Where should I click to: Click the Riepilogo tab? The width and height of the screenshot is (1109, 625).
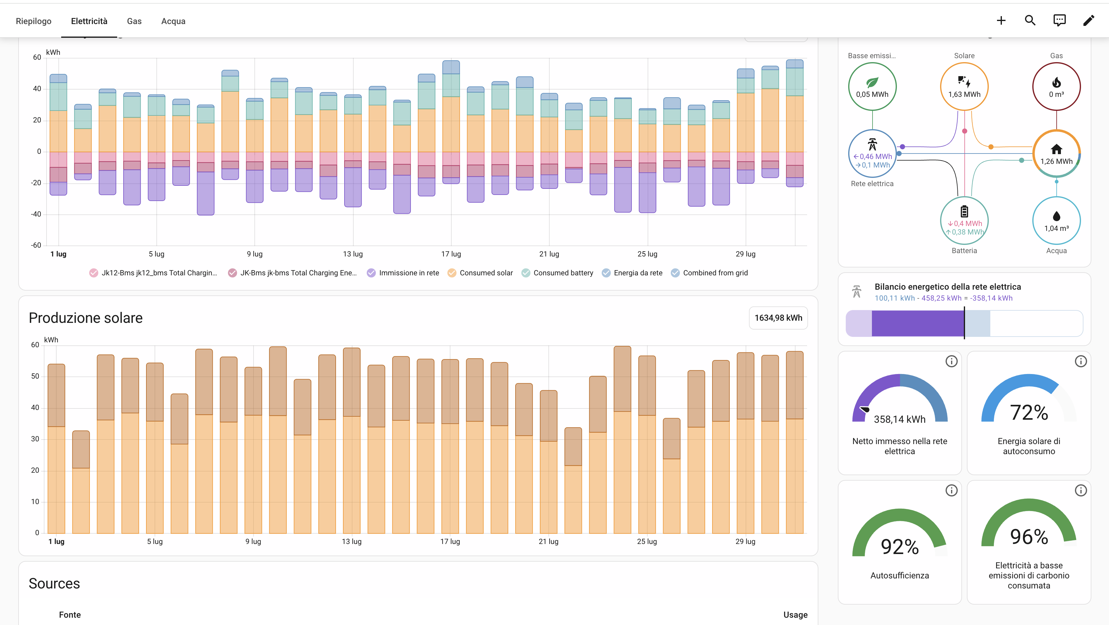coord(33,21)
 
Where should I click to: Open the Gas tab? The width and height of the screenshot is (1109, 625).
coord(134,21)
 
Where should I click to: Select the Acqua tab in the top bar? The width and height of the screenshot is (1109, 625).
coord(173,21)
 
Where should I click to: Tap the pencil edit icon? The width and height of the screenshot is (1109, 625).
coord(1088,20)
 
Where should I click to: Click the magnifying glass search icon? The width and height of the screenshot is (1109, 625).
coord(1030,20)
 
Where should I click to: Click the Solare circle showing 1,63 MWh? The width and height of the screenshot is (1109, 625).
coord(964,87)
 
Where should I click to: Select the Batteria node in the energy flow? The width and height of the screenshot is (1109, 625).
coord(964,221)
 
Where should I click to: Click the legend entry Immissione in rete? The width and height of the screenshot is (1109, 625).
coord(403,273)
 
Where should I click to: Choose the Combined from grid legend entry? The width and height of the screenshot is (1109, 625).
coord(709,273)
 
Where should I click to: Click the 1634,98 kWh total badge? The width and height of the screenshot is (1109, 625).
coord(778,318)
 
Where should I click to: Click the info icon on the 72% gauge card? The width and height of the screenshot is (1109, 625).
coord(1081,362)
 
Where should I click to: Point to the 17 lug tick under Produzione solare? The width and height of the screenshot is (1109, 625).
coord(450,542)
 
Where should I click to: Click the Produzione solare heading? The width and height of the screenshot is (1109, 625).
coord(86,318)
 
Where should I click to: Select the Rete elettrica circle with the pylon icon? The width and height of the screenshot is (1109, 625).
coord(872,154)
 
